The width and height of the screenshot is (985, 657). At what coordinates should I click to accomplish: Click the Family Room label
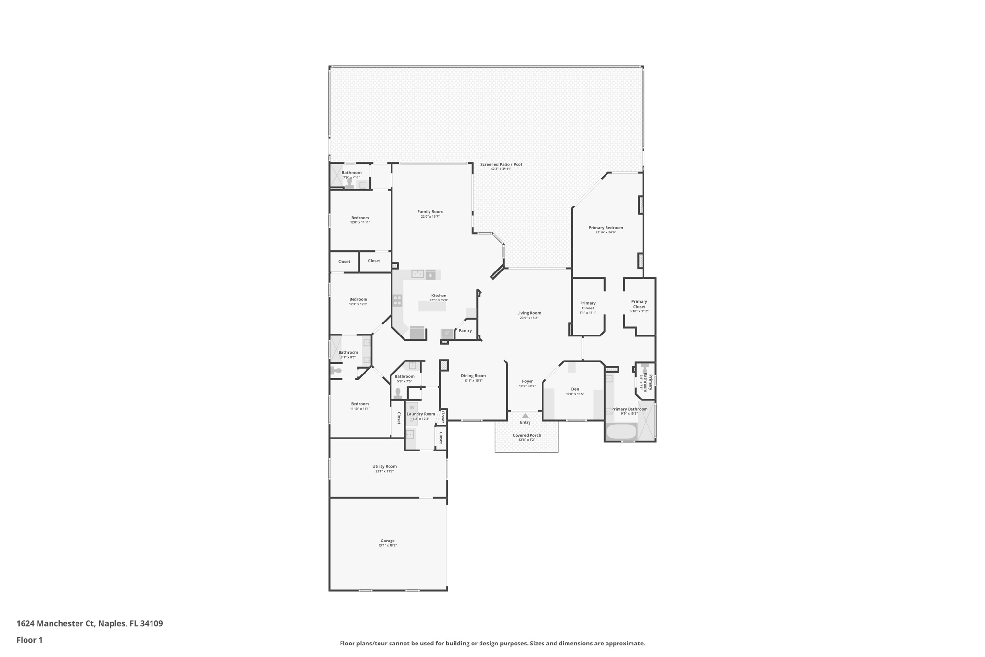point(430,212)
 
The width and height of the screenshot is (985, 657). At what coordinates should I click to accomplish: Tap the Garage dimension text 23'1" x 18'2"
point(387,546)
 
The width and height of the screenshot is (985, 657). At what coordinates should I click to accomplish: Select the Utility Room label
point(384,466)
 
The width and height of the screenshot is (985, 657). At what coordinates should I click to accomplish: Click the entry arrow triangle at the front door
point(525,416)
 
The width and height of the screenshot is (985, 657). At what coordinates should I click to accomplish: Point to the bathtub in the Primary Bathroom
point(621,431)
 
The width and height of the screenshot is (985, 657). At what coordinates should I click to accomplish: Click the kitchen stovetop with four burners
point(397,300)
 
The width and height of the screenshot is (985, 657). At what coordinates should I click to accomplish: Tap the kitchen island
point(432,306)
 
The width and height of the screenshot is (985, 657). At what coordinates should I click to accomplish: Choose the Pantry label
point(465,331)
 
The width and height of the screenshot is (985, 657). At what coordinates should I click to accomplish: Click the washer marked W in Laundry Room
point(412,408)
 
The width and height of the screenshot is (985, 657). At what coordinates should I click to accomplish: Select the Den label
point(575,389)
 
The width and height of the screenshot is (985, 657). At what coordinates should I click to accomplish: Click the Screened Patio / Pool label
point(501,164)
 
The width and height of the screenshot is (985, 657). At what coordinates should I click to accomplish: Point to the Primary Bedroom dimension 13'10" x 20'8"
point(606,232)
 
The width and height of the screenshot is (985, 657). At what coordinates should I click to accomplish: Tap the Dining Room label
point(473,376)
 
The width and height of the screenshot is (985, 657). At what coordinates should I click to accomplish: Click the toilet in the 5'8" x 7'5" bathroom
point(398,393)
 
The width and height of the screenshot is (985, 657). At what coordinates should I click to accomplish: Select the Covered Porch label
point(527,435)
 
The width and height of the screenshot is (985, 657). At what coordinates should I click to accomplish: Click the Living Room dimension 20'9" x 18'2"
point(529,318)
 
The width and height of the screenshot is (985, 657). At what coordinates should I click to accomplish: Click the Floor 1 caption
point(29,640)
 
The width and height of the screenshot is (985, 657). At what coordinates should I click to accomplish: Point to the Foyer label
point(527,381)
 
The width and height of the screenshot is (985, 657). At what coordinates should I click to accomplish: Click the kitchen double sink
point(417,274)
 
